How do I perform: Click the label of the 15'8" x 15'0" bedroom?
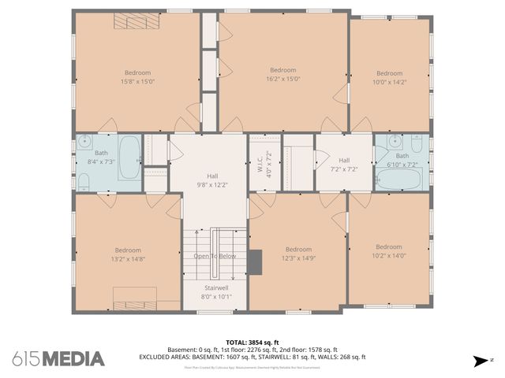coord(137,76)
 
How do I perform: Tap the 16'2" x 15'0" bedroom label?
coord(283,74)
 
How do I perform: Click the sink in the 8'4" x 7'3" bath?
coord(84,144)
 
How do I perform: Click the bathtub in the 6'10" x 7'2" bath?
coord(401,178)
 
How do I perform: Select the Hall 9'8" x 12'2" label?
coord(212,180)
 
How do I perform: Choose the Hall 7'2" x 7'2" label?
coord(343,165)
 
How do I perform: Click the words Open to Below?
coord(215,256)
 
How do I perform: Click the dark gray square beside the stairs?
coord(256,260)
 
